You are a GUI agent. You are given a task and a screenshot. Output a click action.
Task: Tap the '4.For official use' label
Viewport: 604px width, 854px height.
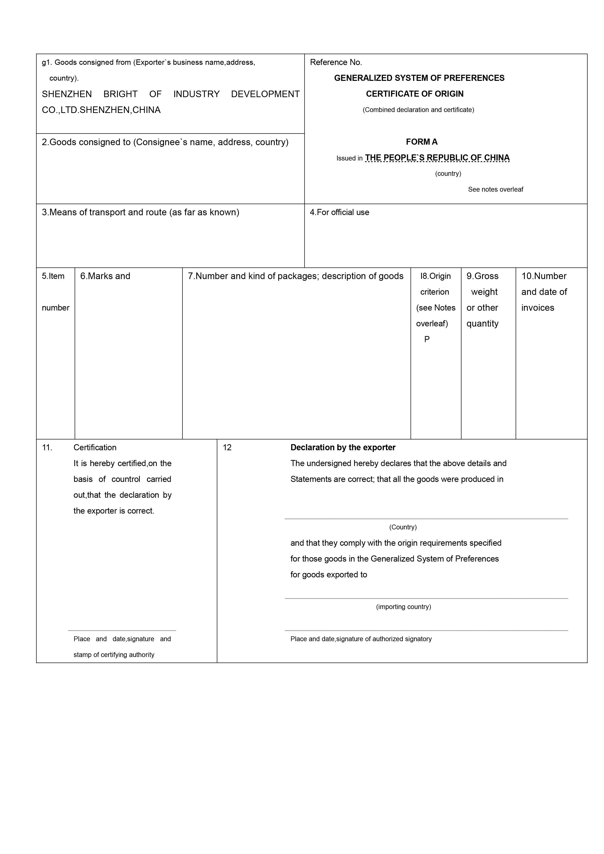339,212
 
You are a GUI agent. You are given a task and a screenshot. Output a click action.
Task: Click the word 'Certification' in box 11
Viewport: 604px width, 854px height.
95,448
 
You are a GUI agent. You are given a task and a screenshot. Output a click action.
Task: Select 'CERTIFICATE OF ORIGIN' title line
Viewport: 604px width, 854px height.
415,94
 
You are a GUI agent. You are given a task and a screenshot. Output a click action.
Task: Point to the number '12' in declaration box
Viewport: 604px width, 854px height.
227,448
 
